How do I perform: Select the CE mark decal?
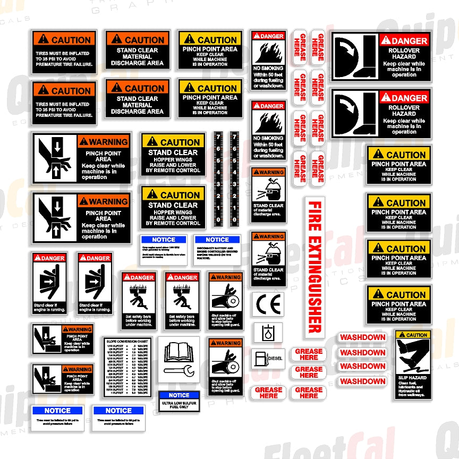pyautogui.click(x=267, y=305)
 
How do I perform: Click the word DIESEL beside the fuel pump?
pyautogui.click(x=275, y=359)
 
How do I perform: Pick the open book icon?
pyautogui.click(x=178, y=351)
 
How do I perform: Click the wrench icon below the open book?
pyautogui.click(x=178, y=370)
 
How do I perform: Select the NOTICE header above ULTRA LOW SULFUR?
pyautogui.click(x=179, y=395)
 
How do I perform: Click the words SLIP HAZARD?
pyautogui.click(x=412, y=378)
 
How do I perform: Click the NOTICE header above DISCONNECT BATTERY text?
pyautogui.click(x=217, y=240)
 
